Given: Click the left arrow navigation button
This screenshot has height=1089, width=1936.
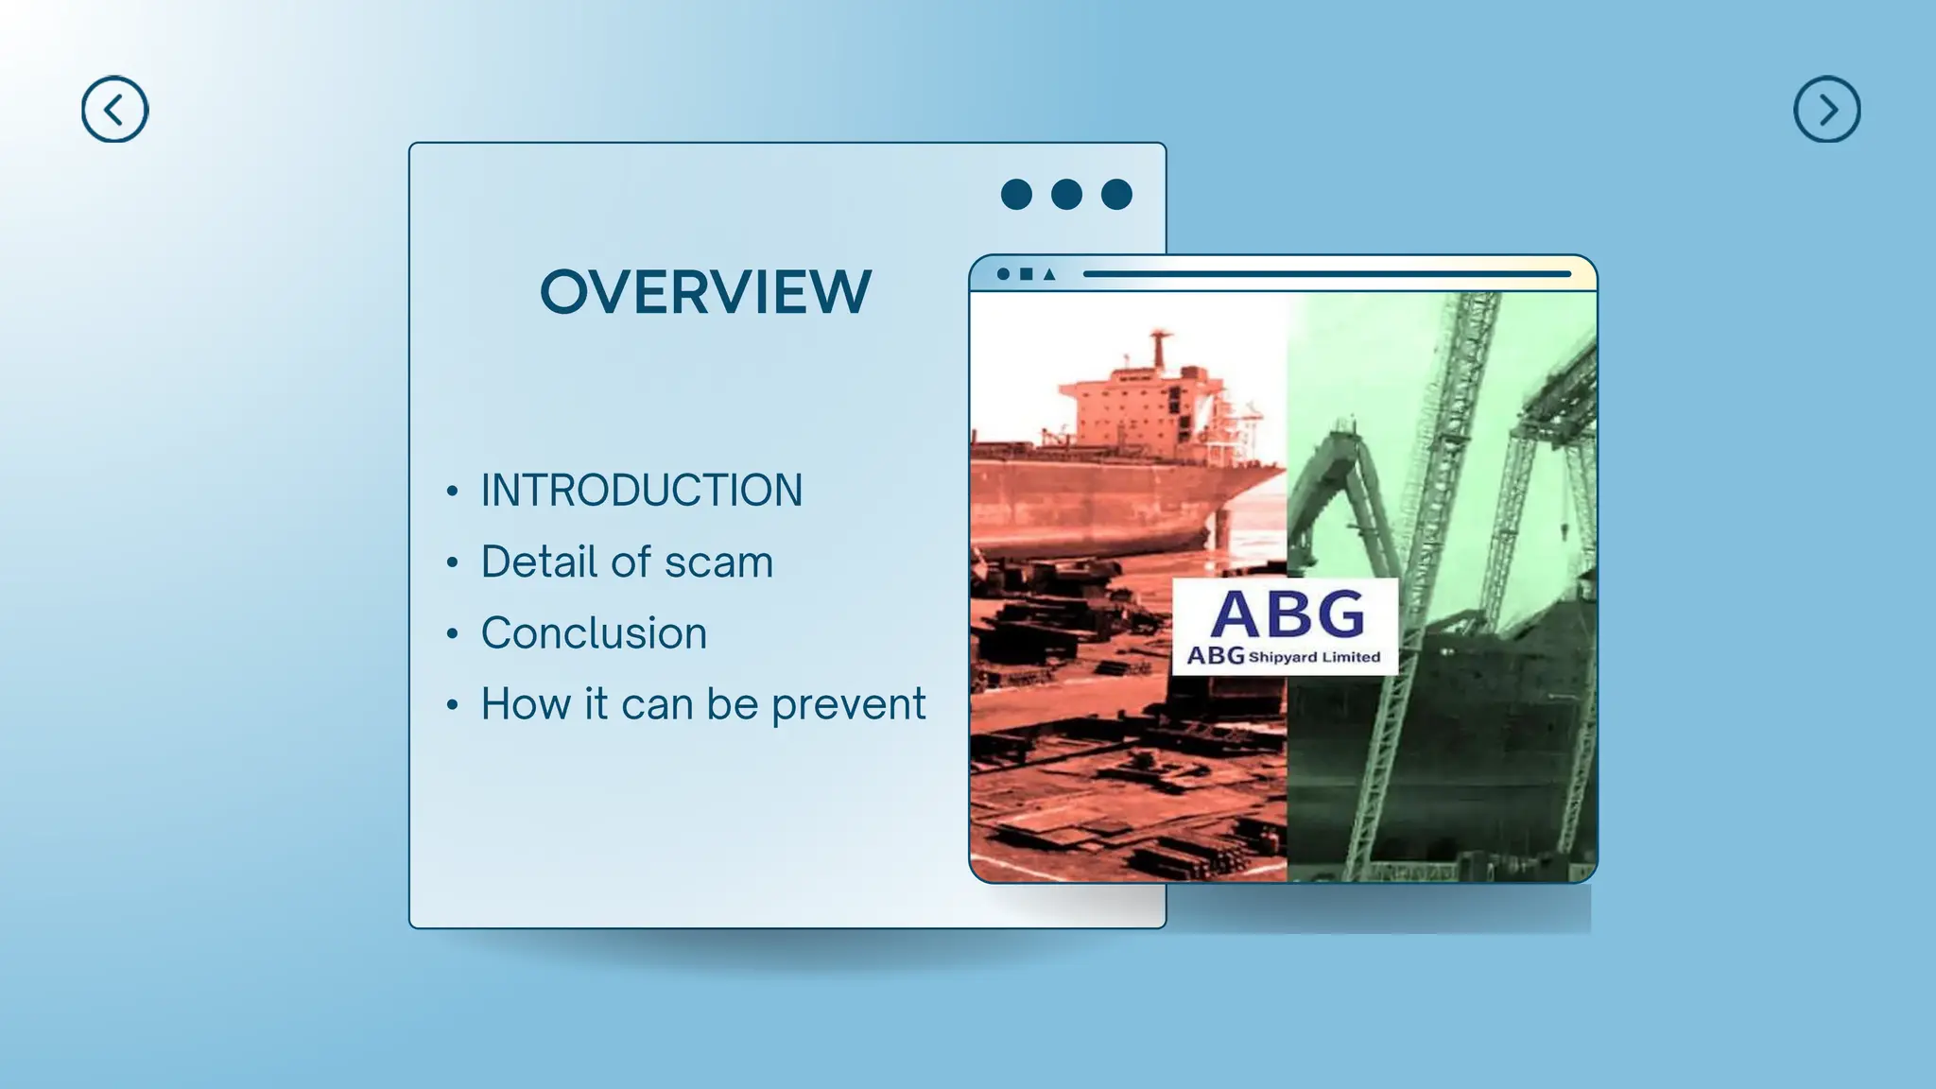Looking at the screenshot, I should click(x=114, y=110).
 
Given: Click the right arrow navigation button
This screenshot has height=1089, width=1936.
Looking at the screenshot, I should click(x=1826, y=110).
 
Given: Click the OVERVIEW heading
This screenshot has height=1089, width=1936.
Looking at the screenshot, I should click(x=705, y=291).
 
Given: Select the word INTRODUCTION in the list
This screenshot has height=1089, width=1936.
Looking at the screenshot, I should click(x=641, y=491).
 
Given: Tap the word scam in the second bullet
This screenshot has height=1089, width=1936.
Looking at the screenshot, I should click(x=718, y=562).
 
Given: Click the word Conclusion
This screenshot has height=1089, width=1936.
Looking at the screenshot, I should click(x=594, y=633).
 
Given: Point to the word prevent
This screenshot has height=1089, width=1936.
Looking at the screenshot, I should click(x=848, y=704).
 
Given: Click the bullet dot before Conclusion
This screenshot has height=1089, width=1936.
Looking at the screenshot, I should click(x=453, y=633).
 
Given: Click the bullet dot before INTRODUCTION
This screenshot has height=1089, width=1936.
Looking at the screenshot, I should click(x=453, y=491).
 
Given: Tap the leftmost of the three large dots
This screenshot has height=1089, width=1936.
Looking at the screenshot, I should click(x=1016, y=194).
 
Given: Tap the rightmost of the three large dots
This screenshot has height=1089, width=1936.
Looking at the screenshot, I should click(x=1116, y=194).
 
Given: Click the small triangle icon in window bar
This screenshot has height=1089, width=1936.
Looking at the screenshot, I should click(x=1048, y=274).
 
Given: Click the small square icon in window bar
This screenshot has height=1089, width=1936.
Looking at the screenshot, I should click(x=1026, y=274).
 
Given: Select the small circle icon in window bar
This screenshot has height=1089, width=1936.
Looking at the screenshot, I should click(x=1003, y=274).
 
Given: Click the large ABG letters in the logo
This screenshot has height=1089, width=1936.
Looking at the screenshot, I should click(x=1288, y=614).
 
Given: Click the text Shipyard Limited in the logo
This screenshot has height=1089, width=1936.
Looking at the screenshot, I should click(x=1314, y=657).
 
